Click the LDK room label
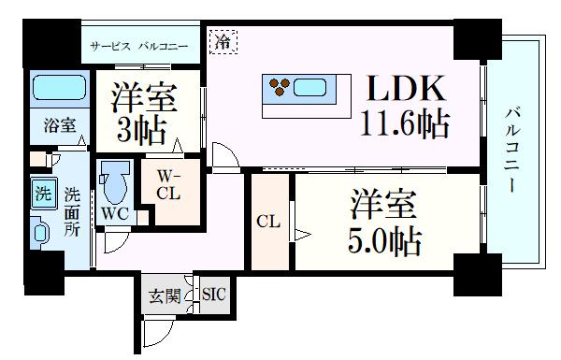pyautogui.click(x=405, y=91)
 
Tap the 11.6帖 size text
pyautogui.click(x=404, y=123)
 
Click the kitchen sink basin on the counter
pyautogui.click(x=310, y=90)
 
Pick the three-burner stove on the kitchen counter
pyautogui.click(x=280, y=90)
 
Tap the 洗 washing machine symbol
pyautogui.click(x=43, y=195)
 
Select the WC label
pyautogui.click(x=116, y=213)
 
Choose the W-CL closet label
pyautogui.click(x=169, y=183)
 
